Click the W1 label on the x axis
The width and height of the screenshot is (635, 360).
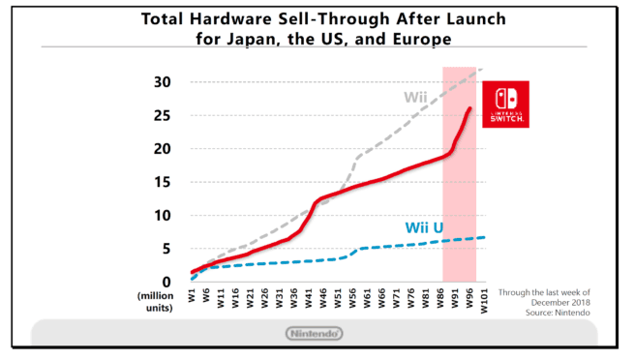[x=194, y=297]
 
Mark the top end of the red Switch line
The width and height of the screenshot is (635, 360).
[x=470, y=108]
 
